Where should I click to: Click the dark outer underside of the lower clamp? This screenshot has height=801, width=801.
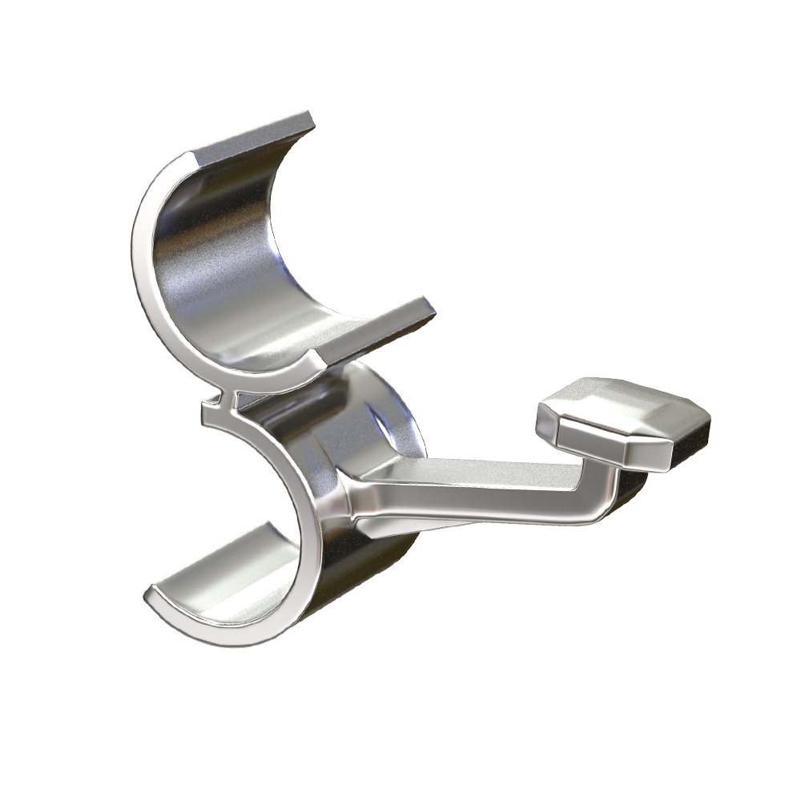[x=376, y=577]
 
